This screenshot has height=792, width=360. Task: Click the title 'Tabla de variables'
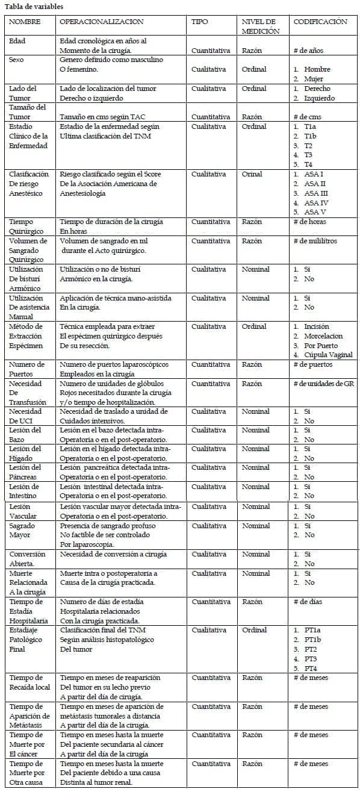34,7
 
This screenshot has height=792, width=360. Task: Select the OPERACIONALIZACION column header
102,22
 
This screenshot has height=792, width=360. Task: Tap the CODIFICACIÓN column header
320,22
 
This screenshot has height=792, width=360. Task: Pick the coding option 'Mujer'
313,79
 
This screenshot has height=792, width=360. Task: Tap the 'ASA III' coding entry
315,193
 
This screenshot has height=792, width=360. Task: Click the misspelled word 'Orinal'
252,174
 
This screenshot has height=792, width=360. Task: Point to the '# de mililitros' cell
315,241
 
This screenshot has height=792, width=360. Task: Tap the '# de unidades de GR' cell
323,384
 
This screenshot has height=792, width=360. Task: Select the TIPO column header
200,22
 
